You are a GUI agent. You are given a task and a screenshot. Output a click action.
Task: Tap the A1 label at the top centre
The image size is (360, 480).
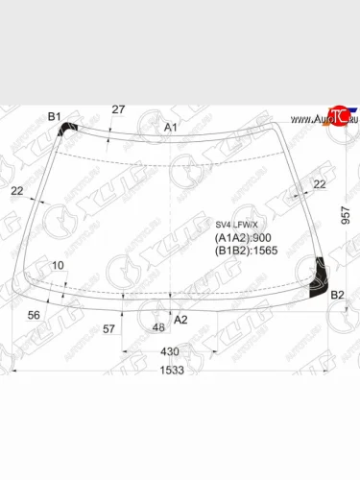(x=170, y=127)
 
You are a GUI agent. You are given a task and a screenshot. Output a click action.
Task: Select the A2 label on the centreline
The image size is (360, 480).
(x=179, y=320)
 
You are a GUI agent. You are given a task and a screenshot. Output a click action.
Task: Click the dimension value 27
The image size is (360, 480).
(x=118, y=109)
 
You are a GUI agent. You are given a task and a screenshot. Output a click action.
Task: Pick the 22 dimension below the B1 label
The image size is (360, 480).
(x=18, y=191)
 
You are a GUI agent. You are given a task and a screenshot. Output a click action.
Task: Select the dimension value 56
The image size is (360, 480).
(x=34, y=314)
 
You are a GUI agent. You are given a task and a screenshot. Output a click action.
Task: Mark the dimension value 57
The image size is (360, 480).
(x=108, y=328)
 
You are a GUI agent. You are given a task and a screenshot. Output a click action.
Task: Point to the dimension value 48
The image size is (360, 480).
(x=158, y=328)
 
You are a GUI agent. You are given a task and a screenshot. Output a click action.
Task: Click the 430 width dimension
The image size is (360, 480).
(x=169, y=351)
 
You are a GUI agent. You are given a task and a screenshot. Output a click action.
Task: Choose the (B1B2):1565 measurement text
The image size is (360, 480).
(x=247, y=252)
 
